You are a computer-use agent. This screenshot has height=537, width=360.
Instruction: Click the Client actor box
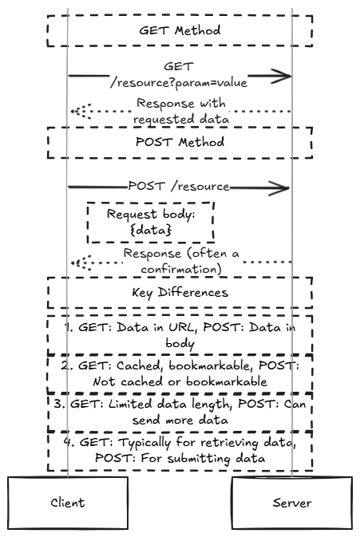68,503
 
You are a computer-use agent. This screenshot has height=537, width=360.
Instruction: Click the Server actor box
292,503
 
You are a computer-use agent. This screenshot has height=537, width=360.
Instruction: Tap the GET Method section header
180,30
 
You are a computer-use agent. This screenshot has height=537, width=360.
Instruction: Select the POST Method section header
180,143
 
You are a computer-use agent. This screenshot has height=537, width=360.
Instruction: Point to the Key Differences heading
180,293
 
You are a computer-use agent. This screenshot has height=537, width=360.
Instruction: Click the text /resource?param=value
179,83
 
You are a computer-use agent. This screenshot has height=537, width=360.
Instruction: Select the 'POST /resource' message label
179,186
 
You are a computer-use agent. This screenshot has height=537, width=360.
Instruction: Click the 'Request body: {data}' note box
151,223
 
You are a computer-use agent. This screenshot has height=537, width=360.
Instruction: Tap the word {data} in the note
151,230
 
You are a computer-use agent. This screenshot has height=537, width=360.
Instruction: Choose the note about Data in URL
180,335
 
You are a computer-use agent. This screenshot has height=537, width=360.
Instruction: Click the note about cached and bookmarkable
180,373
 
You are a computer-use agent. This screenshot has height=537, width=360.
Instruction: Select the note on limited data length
180,412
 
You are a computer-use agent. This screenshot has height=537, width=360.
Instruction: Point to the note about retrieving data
180,450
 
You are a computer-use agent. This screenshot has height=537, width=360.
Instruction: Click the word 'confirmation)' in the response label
181,269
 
